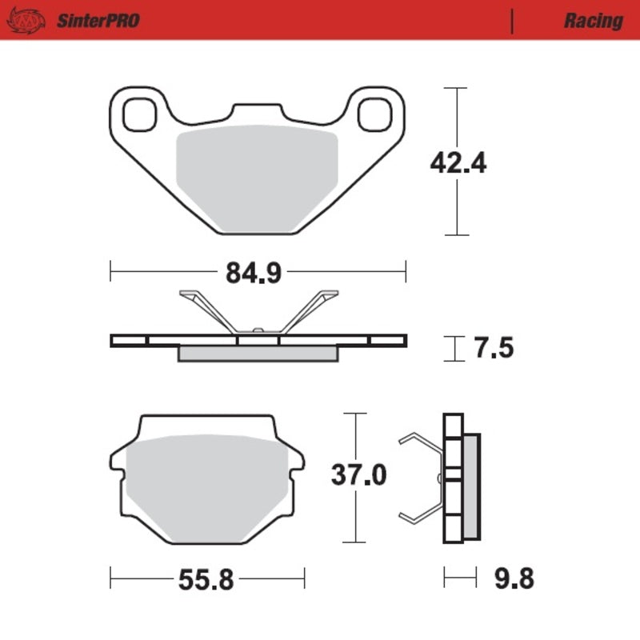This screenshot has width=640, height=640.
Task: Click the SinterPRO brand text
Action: [x=97, y=20]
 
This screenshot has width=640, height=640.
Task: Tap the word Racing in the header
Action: [x=593, y=20]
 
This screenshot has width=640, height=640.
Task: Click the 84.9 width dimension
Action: [x=253, y=273]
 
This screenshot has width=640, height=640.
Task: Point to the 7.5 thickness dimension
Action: [x=493, y=349]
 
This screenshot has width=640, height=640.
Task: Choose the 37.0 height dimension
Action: [x=359, y=476]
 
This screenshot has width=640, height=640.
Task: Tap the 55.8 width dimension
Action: [x=206, y=578]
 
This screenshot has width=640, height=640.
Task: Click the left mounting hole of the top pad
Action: [x=142, y=114]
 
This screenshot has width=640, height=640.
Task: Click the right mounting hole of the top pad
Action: [x=374, y=114]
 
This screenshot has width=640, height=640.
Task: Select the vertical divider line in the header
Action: [x=512, y=20]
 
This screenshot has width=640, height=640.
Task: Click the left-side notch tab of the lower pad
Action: [x=115, y=462]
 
